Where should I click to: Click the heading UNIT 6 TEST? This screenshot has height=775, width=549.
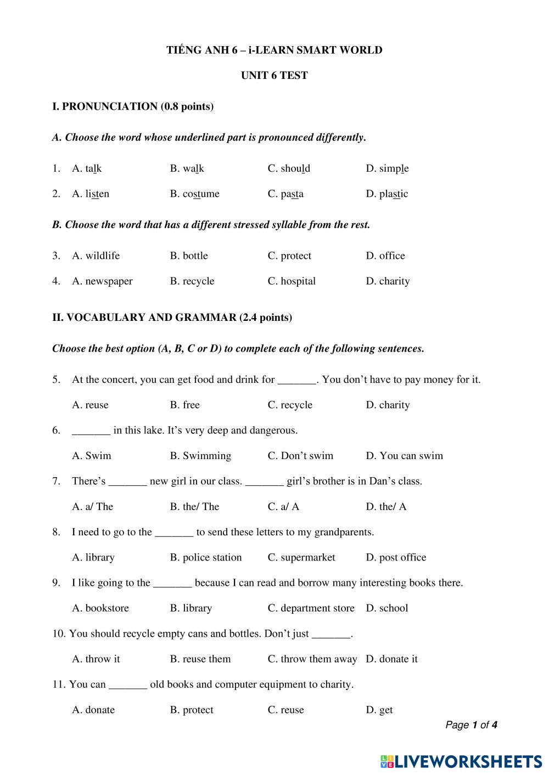pos(274,76)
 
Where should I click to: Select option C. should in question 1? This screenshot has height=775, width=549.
pos(289,168)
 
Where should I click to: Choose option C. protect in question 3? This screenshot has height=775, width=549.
pos(289,256)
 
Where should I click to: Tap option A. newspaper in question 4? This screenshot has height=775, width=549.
pos(102,281)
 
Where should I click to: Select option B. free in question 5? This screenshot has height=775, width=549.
pos(184,405)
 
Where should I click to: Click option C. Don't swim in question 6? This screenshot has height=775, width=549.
pos(300,456)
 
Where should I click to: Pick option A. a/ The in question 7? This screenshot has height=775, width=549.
pos(92,506)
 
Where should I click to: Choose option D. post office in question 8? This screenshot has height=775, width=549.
pos(396,557)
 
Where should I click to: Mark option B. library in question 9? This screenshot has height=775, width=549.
pos(191,608)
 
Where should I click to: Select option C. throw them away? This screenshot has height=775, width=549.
pos(312,659)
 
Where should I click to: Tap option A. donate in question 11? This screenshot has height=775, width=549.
pos(93,710)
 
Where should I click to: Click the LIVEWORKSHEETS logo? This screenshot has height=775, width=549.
pos(461,761)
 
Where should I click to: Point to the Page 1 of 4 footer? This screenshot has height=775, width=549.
pos(471,725)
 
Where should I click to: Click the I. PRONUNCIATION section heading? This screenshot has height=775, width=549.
pos(133,106)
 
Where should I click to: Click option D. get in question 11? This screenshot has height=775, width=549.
pos(379,710)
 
